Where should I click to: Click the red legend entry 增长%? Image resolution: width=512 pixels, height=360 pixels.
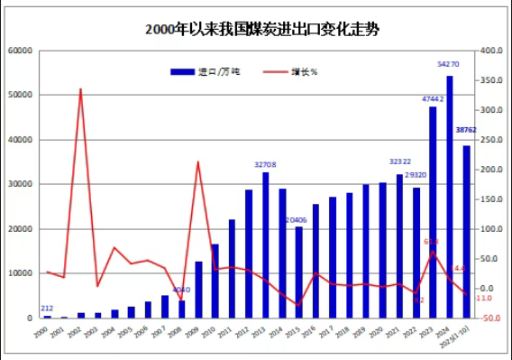290,71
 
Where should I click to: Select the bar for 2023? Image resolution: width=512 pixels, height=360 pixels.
433,212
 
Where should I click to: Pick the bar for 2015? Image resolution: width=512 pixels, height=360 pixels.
299,272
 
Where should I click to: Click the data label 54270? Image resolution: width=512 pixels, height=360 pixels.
448,65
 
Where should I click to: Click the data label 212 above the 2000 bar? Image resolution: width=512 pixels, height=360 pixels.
47,308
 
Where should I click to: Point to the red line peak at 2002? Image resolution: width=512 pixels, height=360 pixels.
81,89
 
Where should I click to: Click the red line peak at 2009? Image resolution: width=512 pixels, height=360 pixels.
197,162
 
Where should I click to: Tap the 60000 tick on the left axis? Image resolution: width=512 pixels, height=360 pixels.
21,51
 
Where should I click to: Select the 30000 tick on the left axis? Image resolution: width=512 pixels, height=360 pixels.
21,184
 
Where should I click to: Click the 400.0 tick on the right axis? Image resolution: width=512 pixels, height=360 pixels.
490,51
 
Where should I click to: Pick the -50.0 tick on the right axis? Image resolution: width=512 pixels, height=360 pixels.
490,318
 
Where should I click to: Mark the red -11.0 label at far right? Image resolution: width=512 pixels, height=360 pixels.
483,298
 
